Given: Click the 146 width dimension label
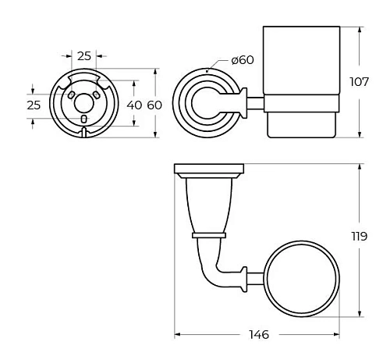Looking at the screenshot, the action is (x=259, y=334).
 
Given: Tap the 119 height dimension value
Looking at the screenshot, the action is (x=360, y=237).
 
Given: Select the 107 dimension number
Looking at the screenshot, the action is (x=360, y=82).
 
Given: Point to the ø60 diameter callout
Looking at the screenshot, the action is (x=243, y=60).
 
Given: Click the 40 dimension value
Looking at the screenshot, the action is (x=134, y=105).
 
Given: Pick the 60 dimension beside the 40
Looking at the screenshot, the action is (x=154, y=105).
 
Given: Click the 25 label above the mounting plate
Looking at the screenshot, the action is (x=84, y=56).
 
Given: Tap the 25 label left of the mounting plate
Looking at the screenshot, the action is (x=34, y=105).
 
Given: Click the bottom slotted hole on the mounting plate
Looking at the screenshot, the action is (x=83, y=119).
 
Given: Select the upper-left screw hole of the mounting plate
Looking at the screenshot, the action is (x=71, y=95).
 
